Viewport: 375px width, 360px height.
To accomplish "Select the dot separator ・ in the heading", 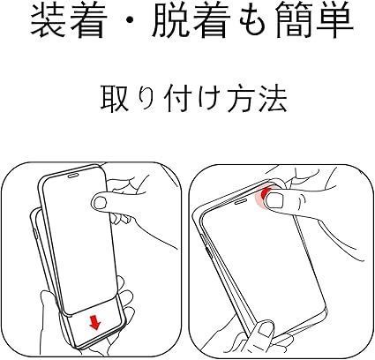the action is (x=130, y=20).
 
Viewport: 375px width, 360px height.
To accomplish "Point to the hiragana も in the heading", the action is (x=253, y=20).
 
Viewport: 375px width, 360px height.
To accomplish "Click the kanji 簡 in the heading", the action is (x=294, y=20).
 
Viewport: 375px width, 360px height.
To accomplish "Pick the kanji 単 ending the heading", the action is (x=334, y=20).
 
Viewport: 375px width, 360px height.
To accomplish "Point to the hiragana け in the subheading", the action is (x=209, y=99).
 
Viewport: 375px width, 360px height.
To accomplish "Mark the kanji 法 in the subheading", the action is (x=273, y=99).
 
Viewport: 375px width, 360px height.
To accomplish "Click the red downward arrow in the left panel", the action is (x=95, y=322).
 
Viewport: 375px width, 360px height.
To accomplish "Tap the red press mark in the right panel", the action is (x=263, y=195).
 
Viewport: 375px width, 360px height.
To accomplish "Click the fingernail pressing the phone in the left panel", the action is (x=101, y=202).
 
